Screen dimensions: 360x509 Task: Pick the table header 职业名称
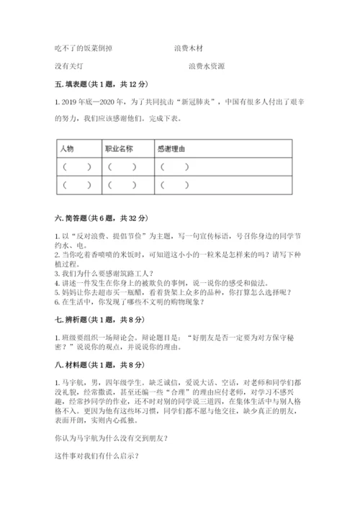coord(120,149)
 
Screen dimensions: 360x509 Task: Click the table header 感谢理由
coord(171,149)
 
